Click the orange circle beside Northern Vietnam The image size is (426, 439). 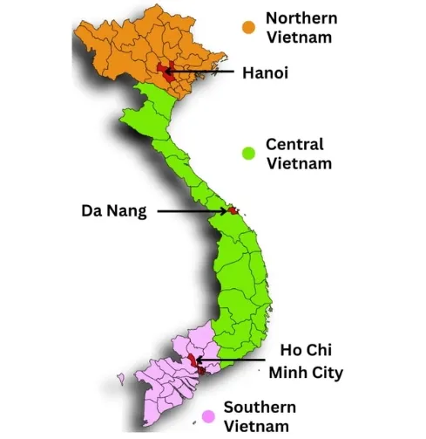(249, 27)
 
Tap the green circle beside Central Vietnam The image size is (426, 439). (249, 153)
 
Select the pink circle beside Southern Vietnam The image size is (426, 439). (208, 416)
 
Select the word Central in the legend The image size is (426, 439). (294, 144)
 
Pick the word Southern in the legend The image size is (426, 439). (260, 407)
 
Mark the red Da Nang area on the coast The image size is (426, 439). (233, 210)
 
